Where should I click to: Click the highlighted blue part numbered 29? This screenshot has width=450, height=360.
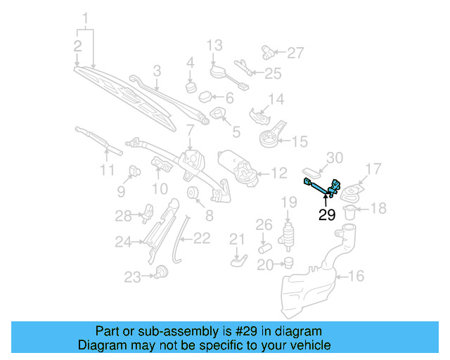[x=321, y=186]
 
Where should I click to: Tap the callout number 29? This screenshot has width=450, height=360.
[x=327, y=215]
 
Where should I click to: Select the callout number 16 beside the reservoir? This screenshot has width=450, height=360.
[x=356, y=276]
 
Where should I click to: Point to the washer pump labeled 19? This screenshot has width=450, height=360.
[x=288, y=235]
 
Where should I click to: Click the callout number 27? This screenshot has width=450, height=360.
[x=295, y=52]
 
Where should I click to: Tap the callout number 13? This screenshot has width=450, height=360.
[x=214, y=46]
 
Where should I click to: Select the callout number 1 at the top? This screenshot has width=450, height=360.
[x=86, y=17]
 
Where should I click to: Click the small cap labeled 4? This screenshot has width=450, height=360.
[x=190, y=87]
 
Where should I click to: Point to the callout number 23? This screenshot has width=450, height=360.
[x=133, y=277]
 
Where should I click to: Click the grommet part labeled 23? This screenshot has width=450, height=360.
[x=162, y=271]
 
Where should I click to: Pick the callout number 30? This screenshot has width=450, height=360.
[x=335, y=157]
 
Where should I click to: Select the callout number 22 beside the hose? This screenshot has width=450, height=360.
[x=201, y=238]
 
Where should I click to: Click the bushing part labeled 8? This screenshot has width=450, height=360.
[x=191, y=195]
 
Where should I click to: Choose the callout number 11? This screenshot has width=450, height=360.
[x=105, y=169]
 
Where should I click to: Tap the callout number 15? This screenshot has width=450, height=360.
[x=300, y=141]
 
